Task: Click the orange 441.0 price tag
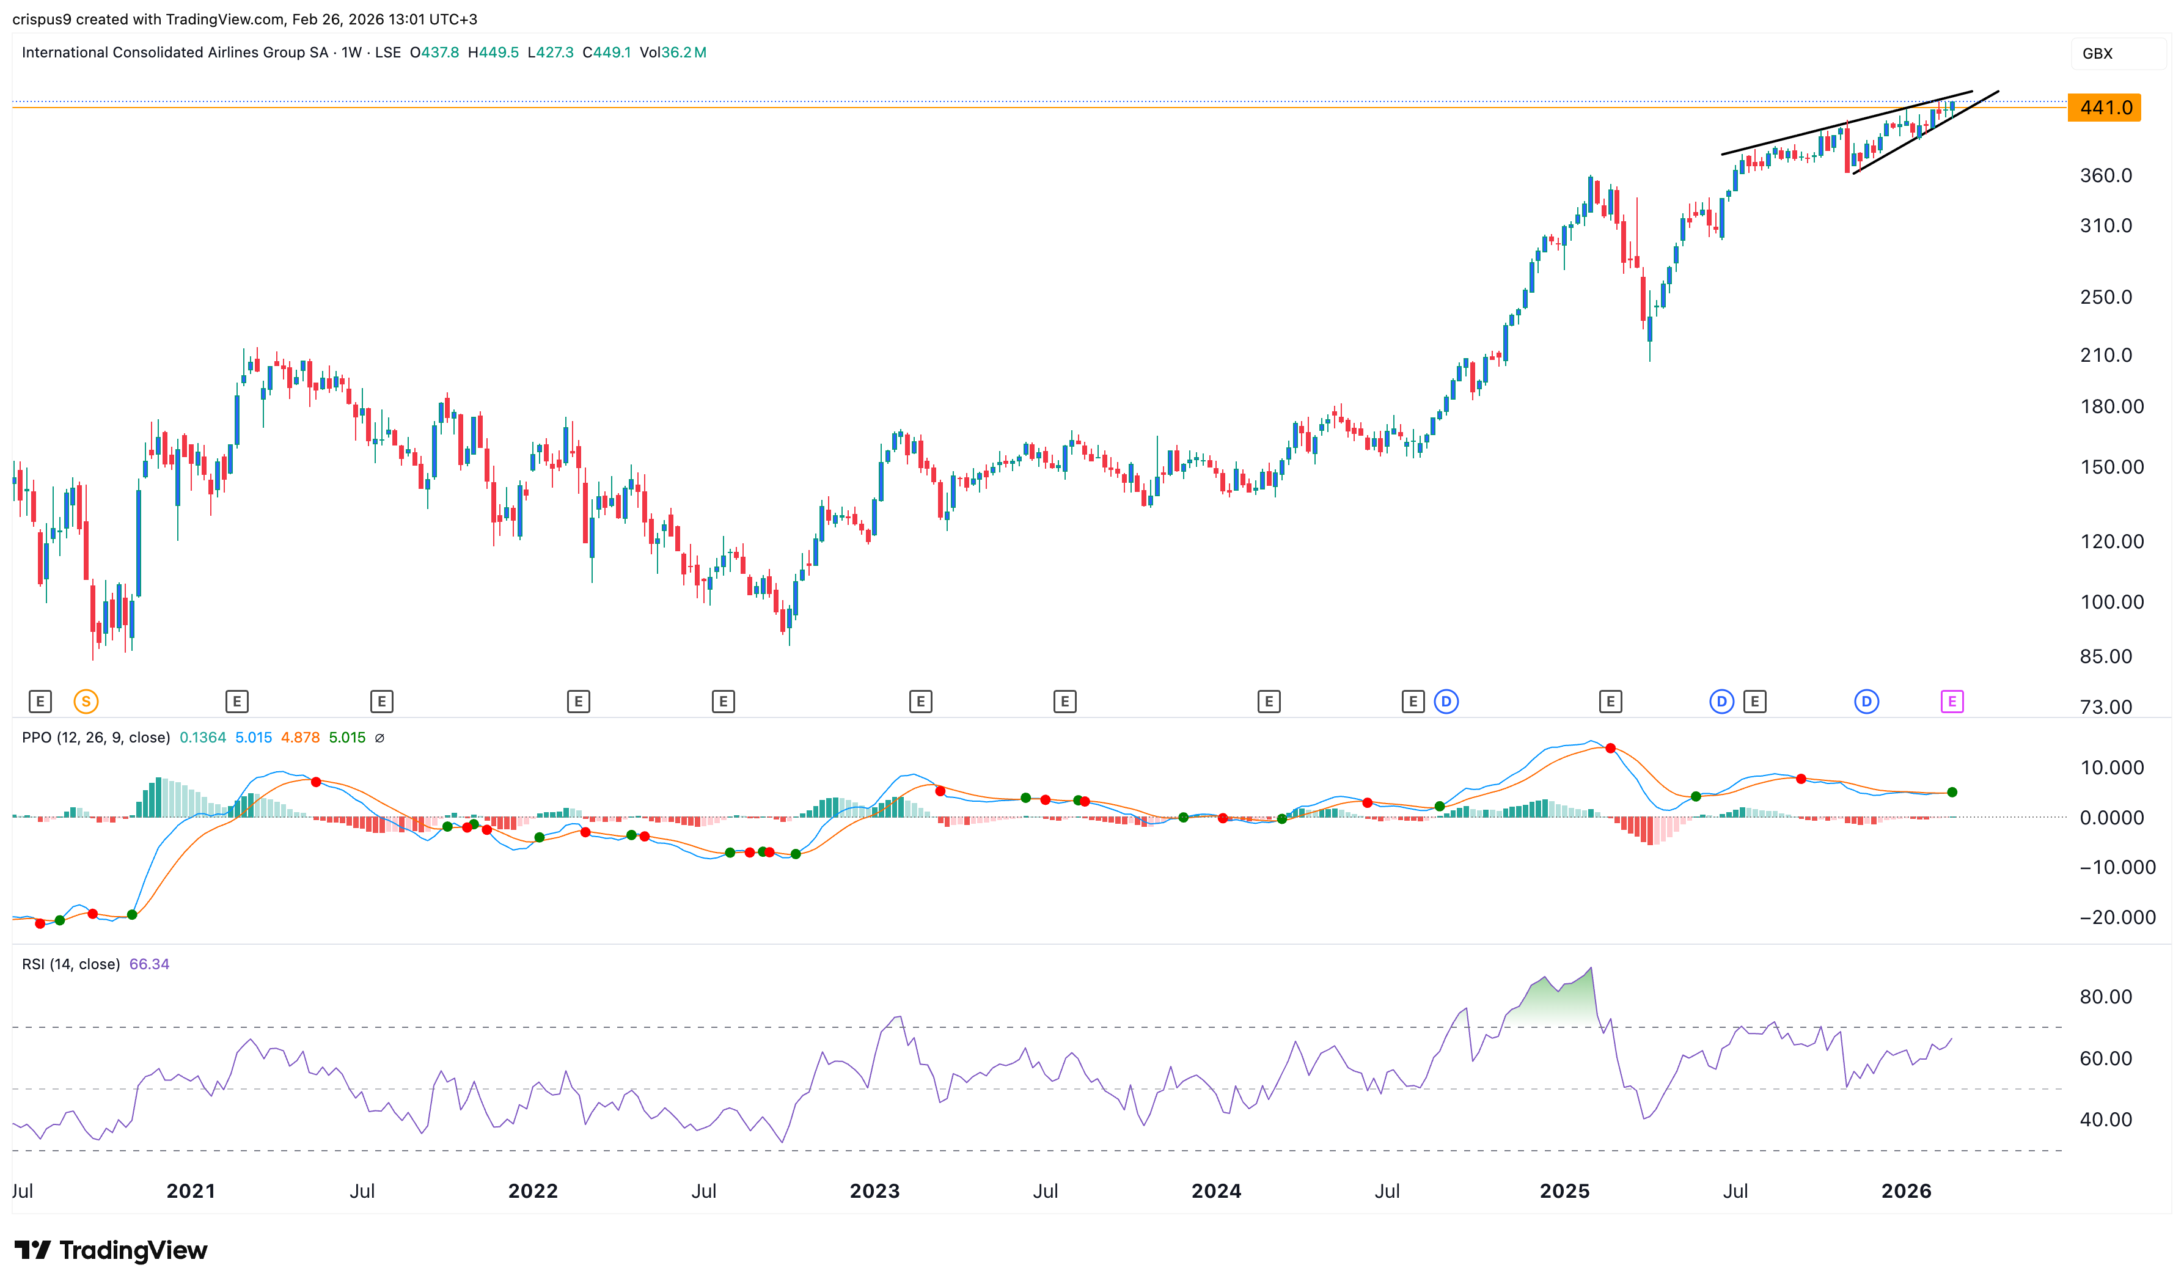tap(2103, 108)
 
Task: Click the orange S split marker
tap(86, 702)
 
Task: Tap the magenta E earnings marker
tap(1952, 702)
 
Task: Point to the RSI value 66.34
tap(149, 964)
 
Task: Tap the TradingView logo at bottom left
tap(111, 1250)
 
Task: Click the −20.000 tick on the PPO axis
tap(2116, 917)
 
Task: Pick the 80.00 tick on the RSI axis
tap(2105, 997)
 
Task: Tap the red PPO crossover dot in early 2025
tap(1610, 749)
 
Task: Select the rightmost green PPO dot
tap(1952, 793)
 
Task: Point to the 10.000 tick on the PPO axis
tap(2111, 768)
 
